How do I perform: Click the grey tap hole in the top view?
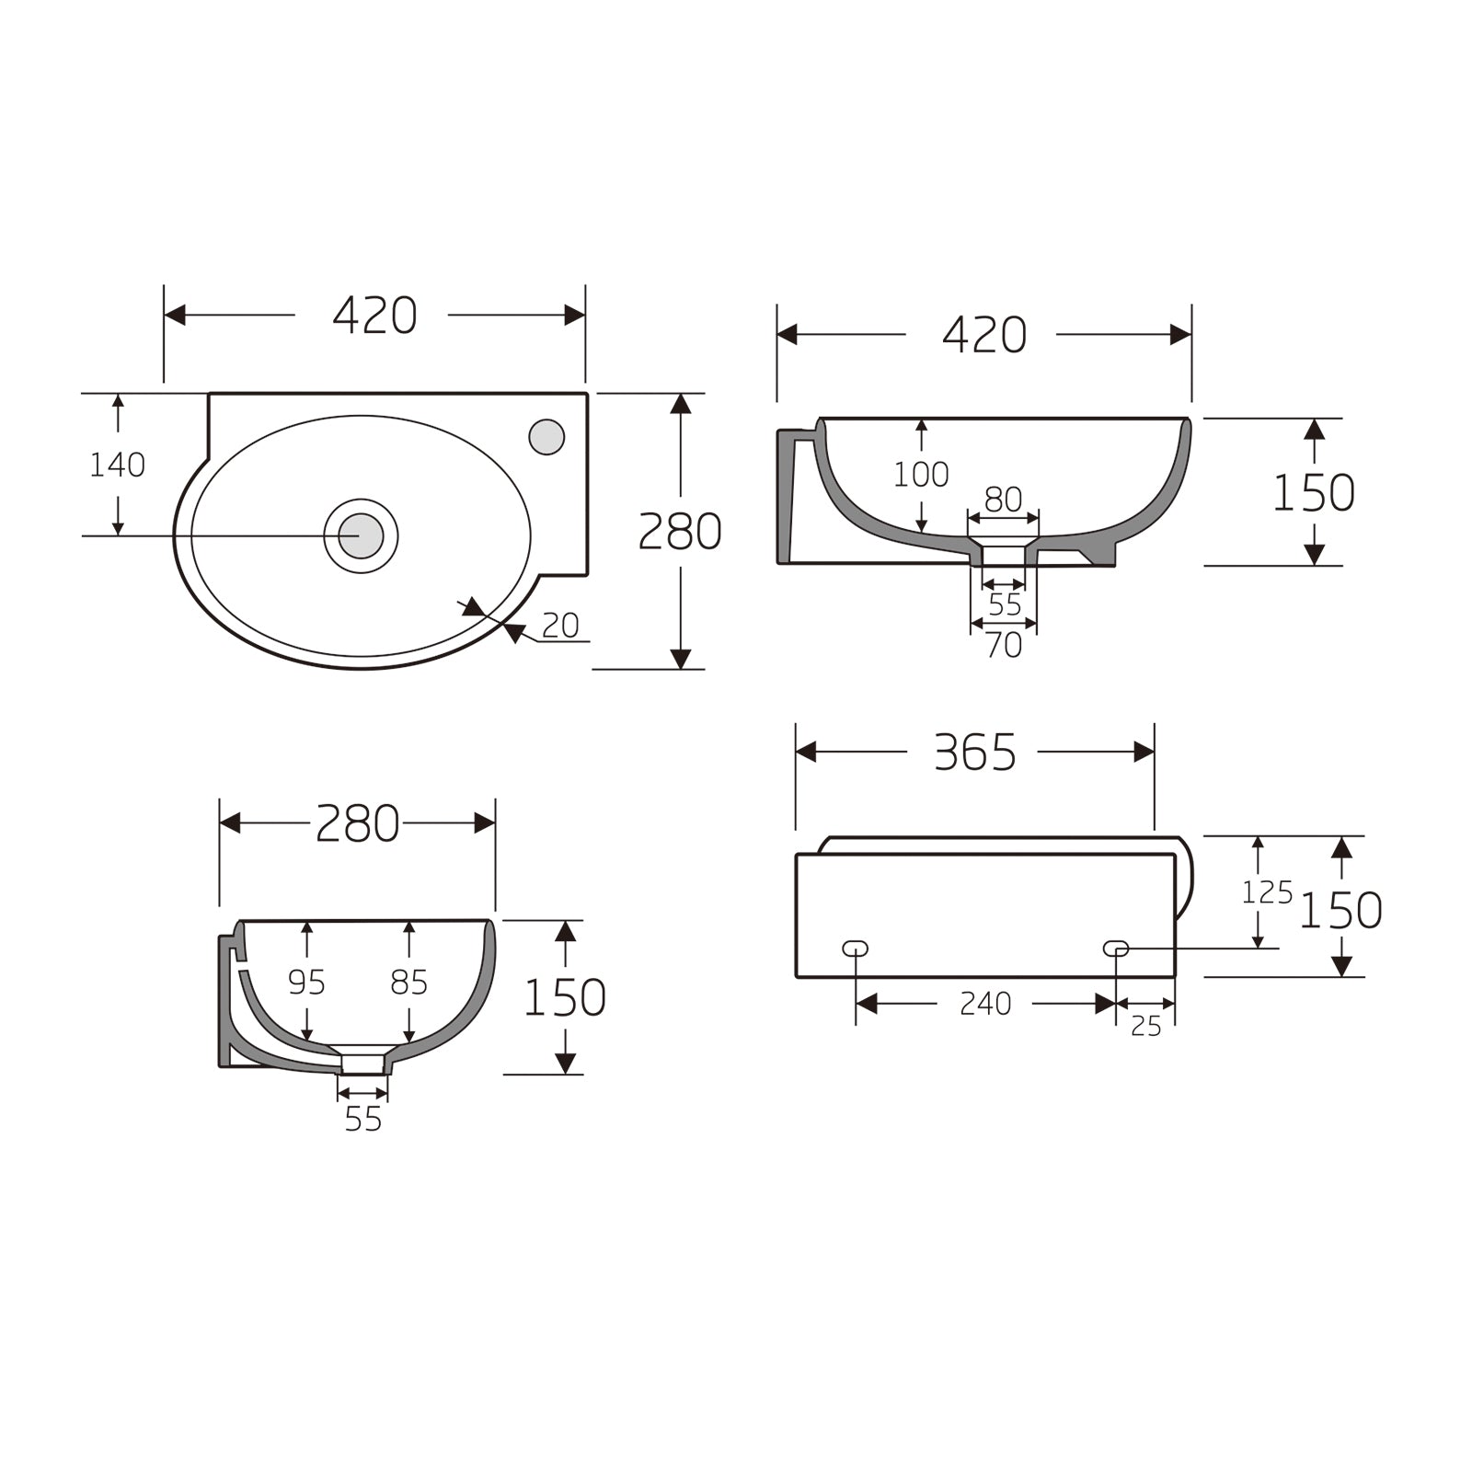click(546, 436)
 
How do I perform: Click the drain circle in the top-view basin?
click(361, 535)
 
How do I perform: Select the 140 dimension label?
click(117, 466)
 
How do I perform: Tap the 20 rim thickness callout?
click(560, 626)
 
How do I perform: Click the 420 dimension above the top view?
click(374, 316)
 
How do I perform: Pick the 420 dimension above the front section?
click(983, 335)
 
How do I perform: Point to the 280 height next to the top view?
click(680, 532)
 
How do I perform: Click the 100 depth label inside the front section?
click(921, 475)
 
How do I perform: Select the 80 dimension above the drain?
click(1003, 500)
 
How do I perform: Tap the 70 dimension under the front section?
click(1004, 646)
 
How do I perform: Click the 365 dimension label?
click(974, 753)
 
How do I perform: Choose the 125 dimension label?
click(1267, 892)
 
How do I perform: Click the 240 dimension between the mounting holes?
click(985, 1004)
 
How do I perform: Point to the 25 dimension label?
click(1145, 1026)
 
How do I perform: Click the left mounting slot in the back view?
click(856, 948)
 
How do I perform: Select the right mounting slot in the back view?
click(1115, 948)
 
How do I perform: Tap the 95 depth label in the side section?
click(306, 983)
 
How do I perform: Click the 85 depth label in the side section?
click(408, 983)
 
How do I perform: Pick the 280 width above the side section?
click(357, 823)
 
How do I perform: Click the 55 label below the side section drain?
click(362, 1120)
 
